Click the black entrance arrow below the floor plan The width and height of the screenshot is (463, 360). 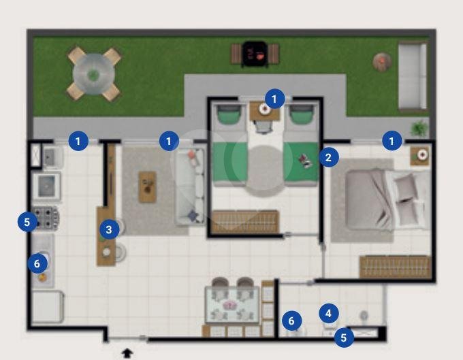click(127, 353)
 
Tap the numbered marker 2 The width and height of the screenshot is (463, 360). click(329, 158)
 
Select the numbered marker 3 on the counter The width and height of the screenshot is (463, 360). click(109, 229)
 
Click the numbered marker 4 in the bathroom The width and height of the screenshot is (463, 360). click(329, 313)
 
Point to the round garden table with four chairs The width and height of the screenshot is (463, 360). click(93, 73)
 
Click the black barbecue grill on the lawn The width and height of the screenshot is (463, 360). click(255, 54)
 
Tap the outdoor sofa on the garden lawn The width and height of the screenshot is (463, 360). click(413, 76)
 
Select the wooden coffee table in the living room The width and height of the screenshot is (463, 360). click(148, 186)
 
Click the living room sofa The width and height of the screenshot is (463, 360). click(190, 186)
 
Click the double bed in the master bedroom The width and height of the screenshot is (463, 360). click(387, 199)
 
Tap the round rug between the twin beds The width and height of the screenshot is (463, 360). click(265, 170)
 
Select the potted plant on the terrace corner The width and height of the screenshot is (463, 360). click(419, 128)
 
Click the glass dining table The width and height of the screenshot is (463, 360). click(232, 305)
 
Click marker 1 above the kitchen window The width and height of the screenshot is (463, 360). click(78, 141)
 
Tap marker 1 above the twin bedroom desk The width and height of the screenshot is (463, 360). click(274, 99)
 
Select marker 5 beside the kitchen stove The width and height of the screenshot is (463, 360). click(27, 222)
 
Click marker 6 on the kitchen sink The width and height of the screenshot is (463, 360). click(37, 263)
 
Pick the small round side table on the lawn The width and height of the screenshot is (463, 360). click(382, 62)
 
